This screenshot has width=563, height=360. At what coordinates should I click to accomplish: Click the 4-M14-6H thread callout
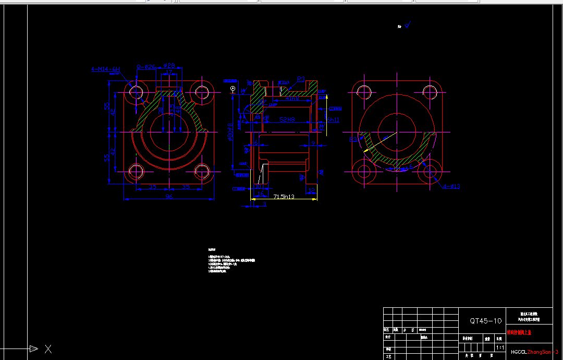(106, 69)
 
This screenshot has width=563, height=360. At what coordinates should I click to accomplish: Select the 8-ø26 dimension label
(146, 67)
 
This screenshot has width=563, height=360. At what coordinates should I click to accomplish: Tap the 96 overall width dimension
(169, 197)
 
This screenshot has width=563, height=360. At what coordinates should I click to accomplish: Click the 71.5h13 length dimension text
(284, 197)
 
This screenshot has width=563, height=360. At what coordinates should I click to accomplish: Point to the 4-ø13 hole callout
(451, 186)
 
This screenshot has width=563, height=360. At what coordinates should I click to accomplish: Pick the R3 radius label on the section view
(301, 79)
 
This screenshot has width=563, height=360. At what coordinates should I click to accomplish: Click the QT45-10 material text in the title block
(485, 321)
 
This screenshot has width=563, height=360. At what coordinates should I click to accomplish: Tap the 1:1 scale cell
(500, 347)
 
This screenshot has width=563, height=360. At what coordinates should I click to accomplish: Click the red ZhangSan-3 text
(543, 352)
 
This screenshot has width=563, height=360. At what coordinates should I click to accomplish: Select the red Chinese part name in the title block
(519, 332)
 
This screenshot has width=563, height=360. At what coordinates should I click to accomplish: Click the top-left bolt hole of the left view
(137, 92)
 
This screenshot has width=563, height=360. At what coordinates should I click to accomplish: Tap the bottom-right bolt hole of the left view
(202, 172)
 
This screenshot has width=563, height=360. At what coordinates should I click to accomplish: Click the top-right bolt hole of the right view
(430, 93)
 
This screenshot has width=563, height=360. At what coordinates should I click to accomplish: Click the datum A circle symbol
(231, 89)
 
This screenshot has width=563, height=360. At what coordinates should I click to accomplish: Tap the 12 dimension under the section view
(311, 191)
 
